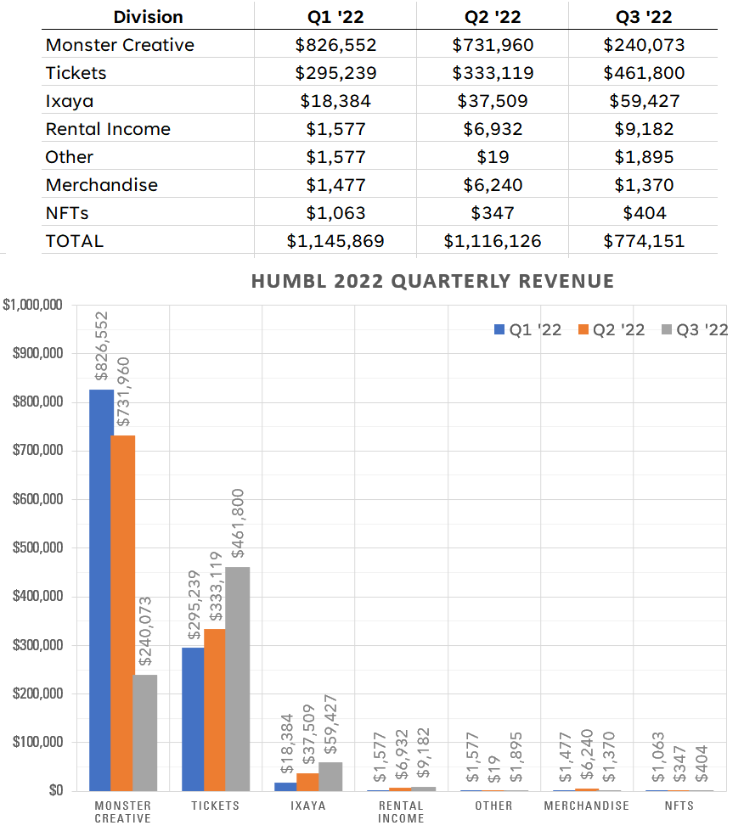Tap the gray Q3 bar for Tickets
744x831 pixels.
point(238,679)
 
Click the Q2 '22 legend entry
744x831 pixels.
point(611,330)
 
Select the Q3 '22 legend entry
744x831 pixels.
point(694,330)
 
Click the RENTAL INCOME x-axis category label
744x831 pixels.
point(401,811)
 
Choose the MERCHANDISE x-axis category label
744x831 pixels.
point(587,806)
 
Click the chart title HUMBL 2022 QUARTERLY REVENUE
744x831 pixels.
point(432,281)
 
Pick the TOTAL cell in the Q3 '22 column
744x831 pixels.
point(644,241)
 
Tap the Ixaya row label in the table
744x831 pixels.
point(69,101)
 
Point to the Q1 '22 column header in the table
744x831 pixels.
point(335,17)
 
